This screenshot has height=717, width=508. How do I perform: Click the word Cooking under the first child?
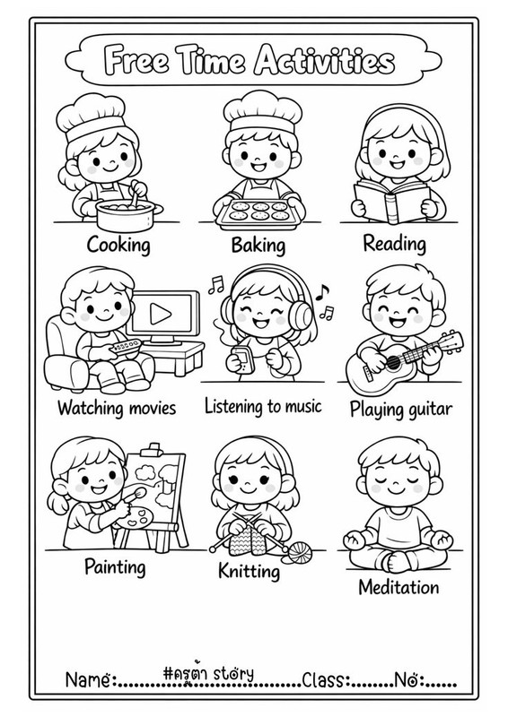(x=118, y=245)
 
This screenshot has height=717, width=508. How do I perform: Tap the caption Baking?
(x=258, y=245)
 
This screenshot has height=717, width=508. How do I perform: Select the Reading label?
(x=394, y=243)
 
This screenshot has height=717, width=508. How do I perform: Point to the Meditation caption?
(x=399, y=587)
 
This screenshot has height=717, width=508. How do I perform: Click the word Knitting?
(x=249, y=571)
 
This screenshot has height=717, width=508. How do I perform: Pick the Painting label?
(x=115, y=567)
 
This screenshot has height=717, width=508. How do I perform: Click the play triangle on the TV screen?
(x=161, y=314)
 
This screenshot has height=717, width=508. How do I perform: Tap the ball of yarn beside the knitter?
(x=300, y=552)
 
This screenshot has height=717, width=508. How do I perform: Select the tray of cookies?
(x=260, y=213)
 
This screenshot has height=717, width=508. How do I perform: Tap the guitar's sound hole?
(x=393, y=363)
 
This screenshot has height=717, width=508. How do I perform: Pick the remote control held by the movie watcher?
(x=125, y=347)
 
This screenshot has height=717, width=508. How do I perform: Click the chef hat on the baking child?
(x=262, y=112)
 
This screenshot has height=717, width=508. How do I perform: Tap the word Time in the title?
(x=212, y=60)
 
